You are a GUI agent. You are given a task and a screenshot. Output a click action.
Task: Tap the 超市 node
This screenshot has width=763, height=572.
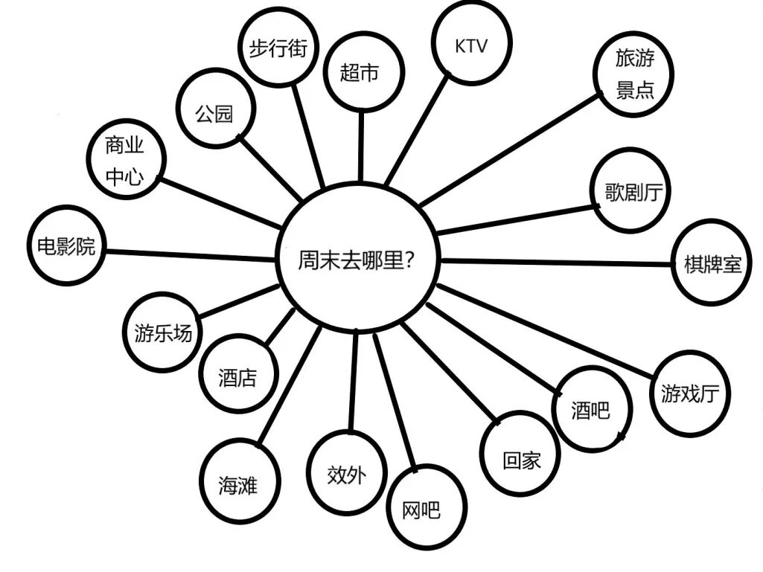click(x=363, y=73)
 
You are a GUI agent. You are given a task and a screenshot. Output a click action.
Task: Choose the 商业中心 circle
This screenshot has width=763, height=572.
click(x=125, y=160)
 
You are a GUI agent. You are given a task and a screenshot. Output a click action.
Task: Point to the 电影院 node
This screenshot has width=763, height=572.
click(x=66, y=245)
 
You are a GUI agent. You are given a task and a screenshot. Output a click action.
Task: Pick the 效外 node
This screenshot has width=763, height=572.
click(x=347, y=473)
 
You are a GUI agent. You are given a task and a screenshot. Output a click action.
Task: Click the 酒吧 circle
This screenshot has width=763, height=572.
click(x=590, y=409)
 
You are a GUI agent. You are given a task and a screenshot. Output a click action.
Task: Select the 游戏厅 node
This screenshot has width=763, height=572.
click(x=691, y=393)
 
